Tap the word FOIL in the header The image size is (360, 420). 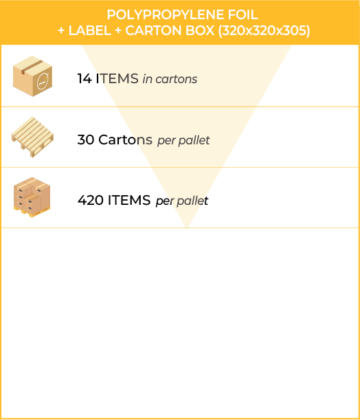pyautogui.click(x=243, y=14)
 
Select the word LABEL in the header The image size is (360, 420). pyautogui.click(x=90, y=30)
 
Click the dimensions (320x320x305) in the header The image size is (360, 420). pyautogui.click(x=265, y=31)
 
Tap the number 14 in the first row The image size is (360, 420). pyautogui.click(x=85, y=79)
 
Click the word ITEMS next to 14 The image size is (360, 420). pyautogui.click(x=117, y=79)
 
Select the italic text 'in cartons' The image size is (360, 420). pyautogui.click(x=170, y=79)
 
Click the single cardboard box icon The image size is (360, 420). pyautogui.click(x=33, y=76)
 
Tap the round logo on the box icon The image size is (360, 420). pyautogui.click(x=43, y=81)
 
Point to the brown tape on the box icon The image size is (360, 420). pyautogui.click(x=32, y=67)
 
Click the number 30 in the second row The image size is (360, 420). pyautogui.click(x=86, y=140)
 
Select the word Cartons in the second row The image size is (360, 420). pyautogui.click(x=125, y=140)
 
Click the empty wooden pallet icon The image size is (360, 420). pyautogui.click(x=32, y=137)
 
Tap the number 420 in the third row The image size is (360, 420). pyautogui.click(x=91, y=200)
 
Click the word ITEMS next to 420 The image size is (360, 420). pyautogui.click(x=129, y=200)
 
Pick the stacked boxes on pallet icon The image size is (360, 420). pyautogui.click(x=32, y=197)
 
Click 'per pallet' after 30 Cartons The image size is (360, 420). pyautogui.click(x=183, y=141)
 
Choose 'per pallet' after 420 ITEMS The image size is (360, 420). pyautogui.click(x=182, y=201)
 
